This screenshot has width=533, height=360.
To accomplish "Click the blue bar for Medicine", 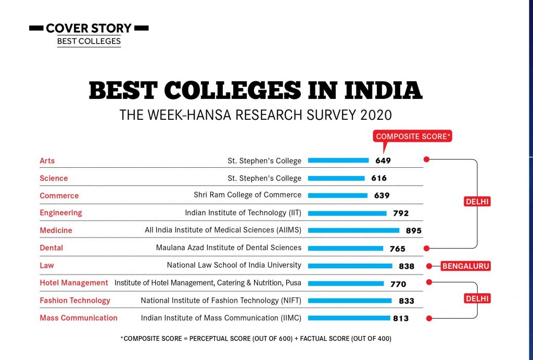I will pyautogui.click(x=353, y=230).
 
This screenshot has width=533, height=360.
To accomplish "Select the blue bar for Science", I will pyautogui.click(x=336, y=178).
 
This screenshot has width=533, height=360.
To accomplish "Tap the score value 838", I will pyautogui.click(x=407, y=266).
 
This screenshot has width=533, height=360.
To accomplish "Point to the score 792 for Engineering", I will pyautogui.click(x=401, y=213).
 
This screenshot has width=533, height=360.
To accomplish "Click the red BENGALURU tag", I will pyautogui.click(x=466, y=266).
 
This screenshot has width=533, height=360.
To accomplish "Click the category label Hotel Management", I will pyautogui.click(x=74, y=283).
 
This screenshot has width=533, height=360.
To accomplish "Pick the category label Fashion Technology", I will pyautogui.click(x=75, y=301).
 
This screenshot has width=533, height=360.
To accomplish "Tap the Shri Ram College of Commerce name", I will pyautogui.click(x=247, y=195).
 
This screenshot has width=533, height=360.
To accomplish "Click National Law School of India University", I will pyautogui.click(x=234, y=265).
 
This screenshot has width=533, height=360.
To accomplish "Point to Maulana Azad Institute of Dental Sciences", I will pyautogui.click(x=229, y=248).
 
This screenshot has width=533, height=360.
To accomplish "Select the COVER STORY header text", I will pyautogui.click(x=88, y=28).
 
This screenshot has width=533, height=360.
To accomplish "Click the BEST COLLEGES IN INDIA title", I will pyautogui.click(x=255, y=91).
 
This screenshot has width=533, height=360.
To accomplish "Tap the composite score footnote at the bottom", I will pyautogui.click(x=256, y=339).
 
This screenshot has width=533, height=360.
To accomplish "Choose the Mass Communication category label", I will pyautogui.click(x=79, y=318).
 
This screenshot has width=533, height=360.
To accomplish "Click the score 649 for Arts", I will pyautogui.click(x=383, y=160).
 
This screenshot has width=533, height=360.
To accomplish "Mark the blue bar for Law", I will pyautogui.click(x=350, y=266).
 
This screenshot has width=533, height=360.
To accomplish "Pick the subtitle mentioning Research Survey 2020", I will pyautogui.click(x=255, y=114).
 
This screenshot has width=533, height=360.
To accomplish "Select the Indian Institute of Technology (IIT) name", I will pyautogui.click(x=243, y=213).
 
